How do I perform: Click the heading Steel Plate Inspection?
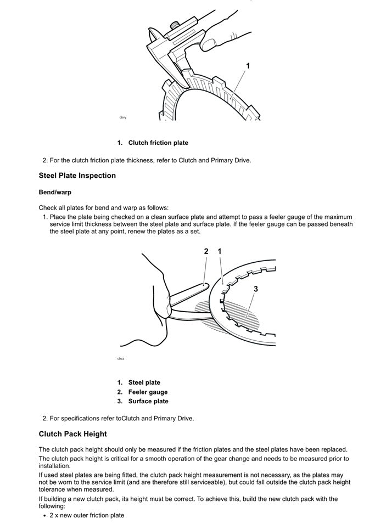point(77,176)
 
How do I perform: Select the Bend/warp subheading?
point(55,193)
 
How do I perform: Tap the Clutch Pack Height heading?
point(72,434)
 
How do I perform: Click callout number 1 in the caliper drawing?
point(248,66)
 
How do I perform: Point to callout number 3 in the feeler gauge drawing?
point(256,289)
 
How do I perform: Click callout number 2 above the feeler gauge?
point(206,251)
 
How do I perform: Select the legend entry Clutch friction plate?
point(158,143)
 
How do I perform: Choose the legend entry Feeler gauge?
point(148,392)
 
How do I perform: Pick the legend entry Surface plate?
point(148,402)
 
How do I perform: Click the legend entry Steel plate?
point(144,382)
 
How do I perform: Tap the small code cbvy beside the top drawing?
point(122,118)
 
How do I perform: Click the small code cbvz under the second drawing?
point(121,358)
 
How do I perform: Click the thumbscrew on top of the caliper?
point(174,24)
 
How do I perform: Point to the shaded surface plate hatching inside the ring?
point(242,315)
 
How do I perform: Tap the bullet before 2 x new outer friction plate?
point(44,515)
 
